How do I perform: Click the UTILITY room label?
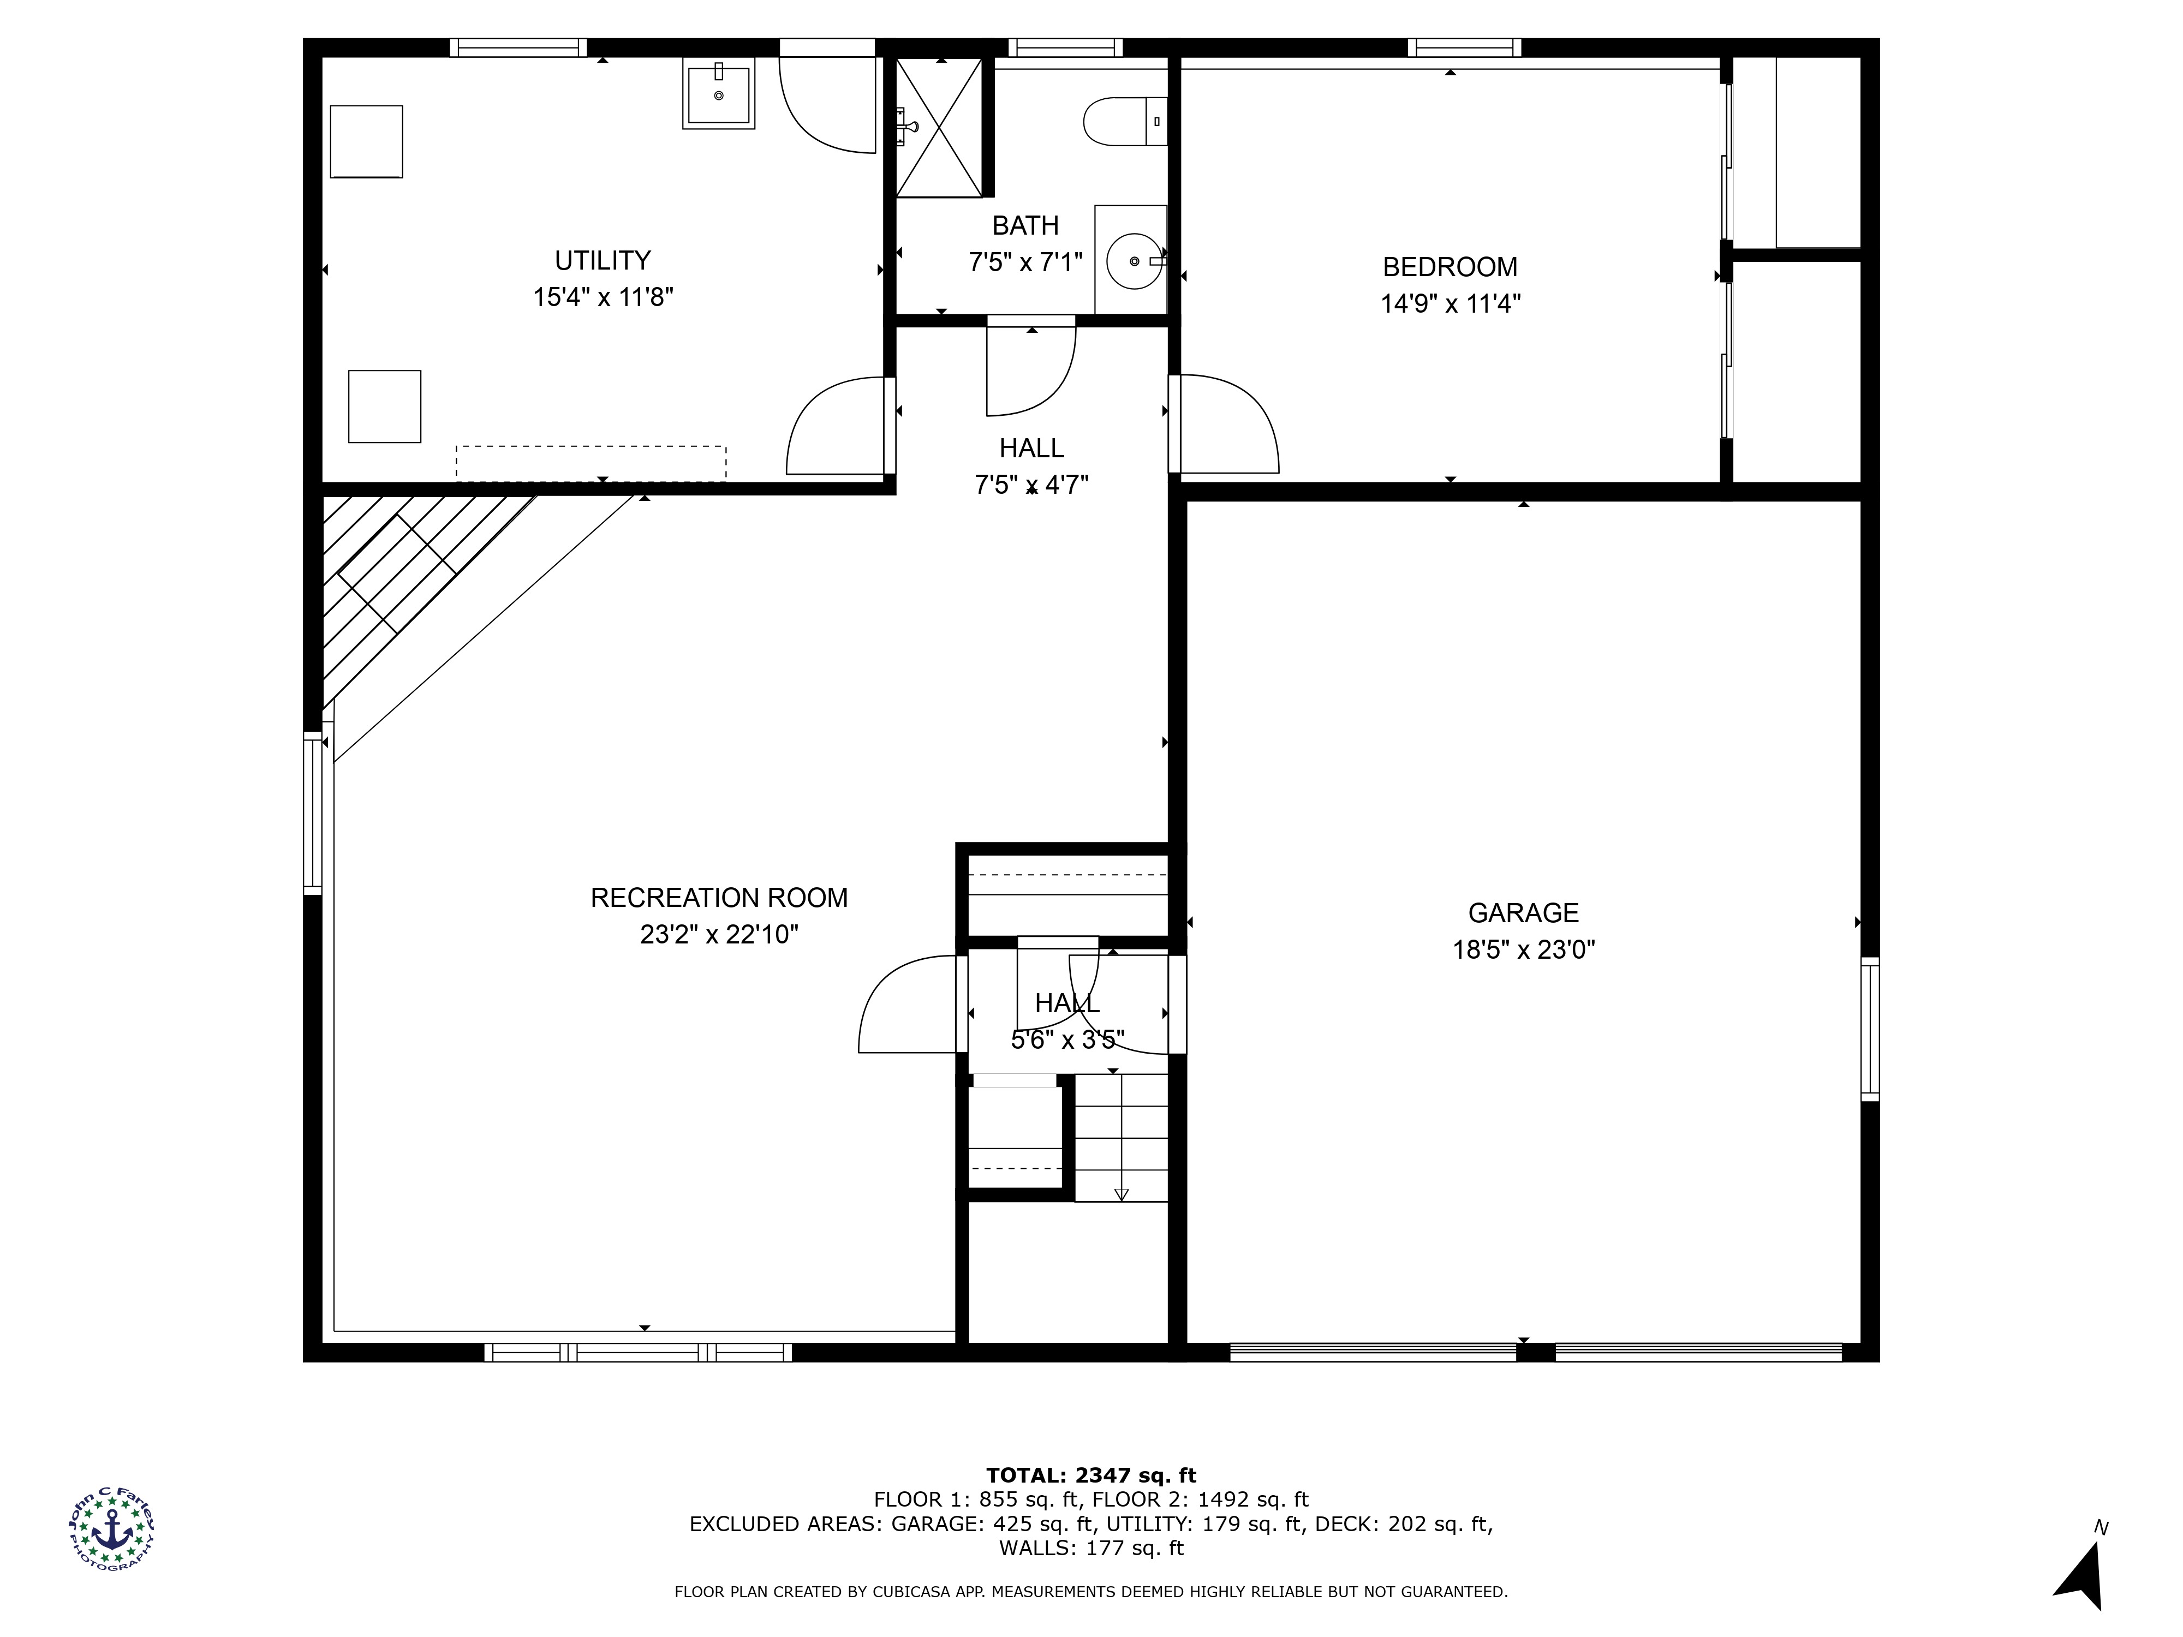pyautogui.click(x=602, y=260)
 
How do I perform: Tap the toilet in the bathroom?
pyautogui.click(x=1125, y=121)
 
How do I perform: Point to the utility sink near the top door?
pyautogui.click(x=718, y=93)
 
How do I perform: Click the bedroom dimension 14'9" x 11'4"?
pyautogui.click(x=1450, y=303)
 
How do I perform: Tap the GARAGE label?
pyautogui.click(x=1523, y=913)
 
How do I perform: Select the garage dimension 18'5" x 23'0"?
pyautogui.click(x=1523, y=949)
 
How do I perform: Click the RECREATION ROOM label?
pyautogui.click(x=718, y=898)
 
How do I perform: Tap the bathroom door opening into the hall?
pyautogui.click(x=1031, y=370)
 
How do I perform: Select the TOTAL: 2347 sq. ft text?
pyautogui.click(x=1090, y=1475)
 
